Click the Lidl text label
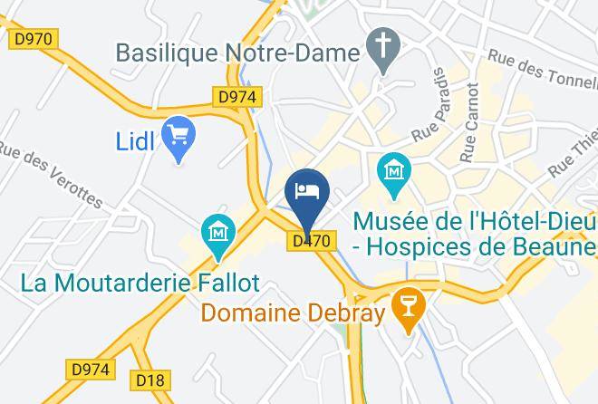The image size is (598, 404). pos(136,140)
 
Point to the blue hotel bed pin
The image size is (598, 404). pos(306,192)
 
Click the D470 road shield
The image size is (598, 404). pos(313,241)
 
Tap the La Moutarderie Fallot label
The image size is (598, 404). pos(140,283)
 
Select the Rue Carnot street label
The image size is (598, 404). pos(468,123)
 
